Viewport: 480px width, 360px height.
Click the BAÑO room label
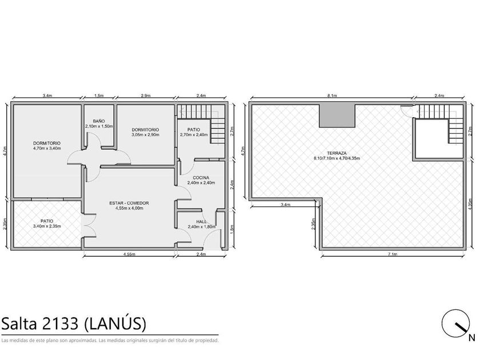[98, 121]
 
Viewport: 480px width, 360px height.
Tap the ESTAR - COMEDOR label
[129, 203]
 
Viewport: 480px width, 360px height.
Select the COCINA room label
[201, 178]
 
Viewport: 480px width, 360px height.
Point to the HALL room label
[201, 221]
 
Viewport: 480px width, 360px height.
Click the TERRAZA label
[337, 153]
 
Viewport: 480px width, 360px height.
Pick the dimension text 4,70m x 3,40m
[47, 149]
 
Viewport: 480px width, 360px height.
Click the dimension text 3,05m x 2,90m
[145, 135]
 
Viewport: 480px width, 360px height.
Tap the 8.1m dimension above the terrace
[332, 95]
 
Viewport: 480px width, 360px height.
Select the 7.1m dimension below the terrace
[393, 254]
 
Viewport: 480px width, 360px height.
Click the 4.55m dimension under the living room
[130, 254]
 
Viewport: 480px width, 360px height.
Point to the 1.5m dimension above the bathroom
[99, 95]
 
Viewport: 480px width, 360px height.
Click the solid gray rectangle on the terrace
[337, 115]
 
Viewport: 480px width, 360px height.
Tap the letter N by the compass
[472, 338]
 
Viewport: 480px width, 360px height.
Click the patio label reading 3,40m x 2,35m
[47, 226]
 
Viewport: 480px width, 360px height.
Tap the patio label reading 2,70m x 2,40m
[194, 135]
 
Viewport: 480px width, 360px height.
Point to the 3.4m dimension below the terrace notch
[285, 205]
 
